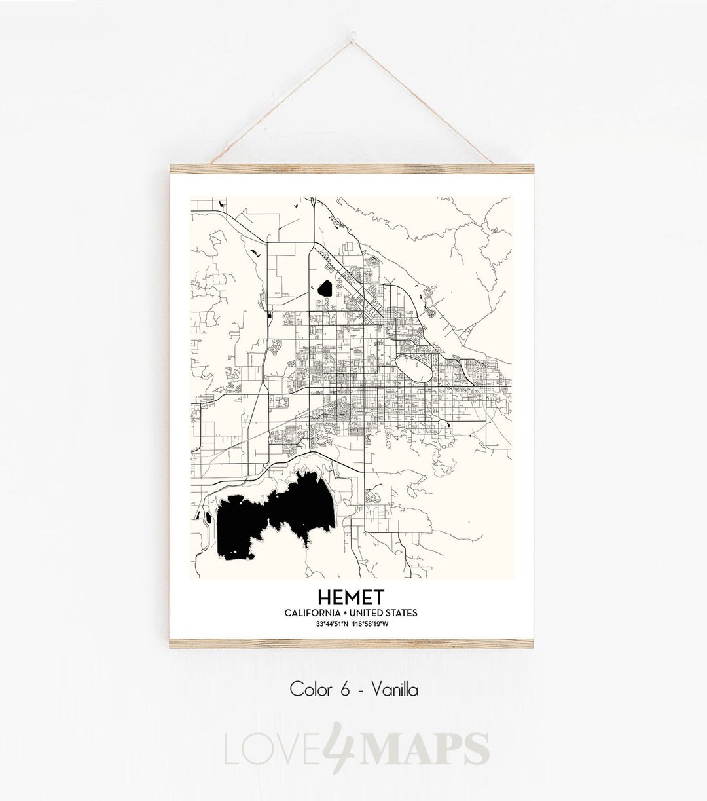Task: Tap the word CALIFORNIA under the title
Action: (x=312, y=612)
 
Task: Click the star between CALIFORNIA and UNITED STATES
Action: (x=347, y=612)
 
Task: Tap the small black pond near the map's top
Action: (x=325, y=287)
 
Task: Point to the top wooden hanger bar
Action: (x=352, y=168)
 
